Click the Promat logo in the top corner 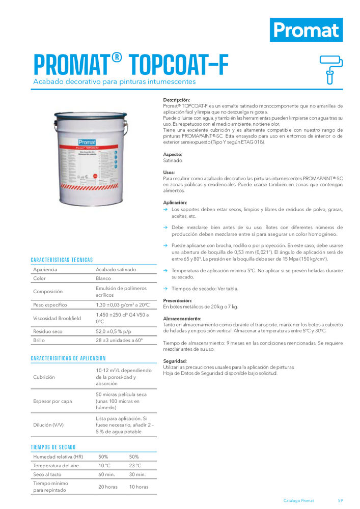click(306, 29)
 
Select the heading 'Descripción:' click(176, 100)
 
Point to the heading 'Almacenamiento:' click(182, 318)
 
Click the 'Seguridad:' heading click(175, 361)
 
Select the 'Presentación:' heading click(177, 300)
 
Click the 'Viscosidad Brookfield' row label click(57, 318)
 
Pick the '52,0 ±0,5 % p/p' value click(116, 331)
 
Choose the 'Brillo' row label click(39, 340)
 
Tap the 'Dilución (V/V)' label click(48, 425)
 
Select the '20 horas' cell click(108, 487)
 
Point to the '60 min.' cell click(106, 474)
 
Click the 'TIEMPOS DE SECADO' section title click(53, 447)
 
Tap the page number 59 click(340, 500)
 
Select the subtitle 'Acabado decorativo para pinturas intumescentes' click(114, 81)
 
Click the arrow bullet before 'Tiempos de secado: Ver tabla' click(165, 289)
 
